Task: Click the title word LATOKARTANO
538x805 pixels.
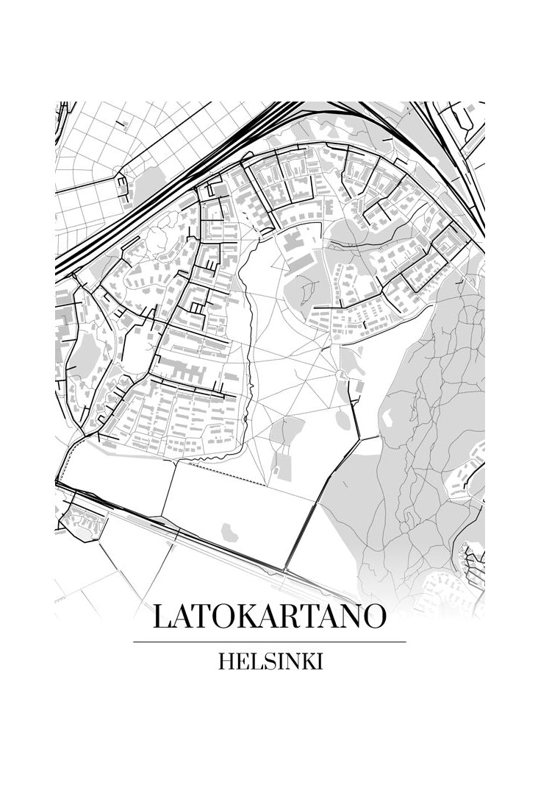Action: [269, 617]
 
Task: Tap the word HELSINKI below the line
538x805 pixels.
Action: [270, 662]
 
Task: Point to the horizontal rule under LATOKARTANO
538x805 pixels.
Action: [269, 642]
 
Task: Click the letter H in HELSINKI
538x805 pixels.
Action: [226, 662]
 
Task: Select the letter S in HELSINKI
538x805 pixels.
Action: [263, 662]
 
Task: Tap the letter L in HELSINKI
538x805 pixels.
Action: [252, 662]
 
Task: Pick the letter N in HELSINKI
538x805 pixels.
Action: [288, 662]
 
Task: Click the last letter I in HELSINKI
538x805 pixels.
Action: [320, 662]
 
